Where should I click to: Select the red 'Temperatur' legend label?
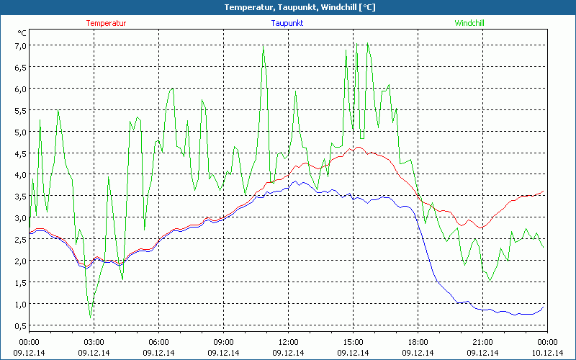[106, 23]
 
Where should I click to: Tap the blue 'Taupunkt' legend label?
[287, 23]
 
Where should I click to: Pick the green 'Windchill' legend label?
[469, 23]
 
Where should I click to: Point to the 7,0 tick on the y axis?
[17, 45]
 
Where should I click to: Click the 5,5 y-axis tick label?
[17, 110]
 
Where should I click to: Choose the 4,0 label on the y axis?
[17, 175]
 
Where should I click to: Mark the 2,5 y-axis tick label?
[17, 239]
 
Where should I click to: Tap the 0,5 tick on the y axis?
[17, 325]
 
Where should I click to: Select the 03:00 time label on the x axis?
[94, 342]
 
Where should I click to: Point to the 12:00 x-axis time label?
[288, 342]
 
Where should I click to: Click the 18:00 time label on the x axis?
[418, 342]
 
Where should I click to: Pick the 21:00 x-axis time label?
[482, 342]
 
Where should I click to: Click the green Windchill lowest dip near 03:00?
[91, 317]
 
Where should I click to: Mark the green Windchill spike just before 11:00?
[263, 47]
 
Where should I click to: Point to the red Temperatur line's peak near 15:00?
[355, 148]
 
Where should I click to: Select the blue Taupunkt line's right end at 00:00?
[544, 306]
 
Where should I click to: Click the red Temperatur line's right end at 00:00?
[544, 191]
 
